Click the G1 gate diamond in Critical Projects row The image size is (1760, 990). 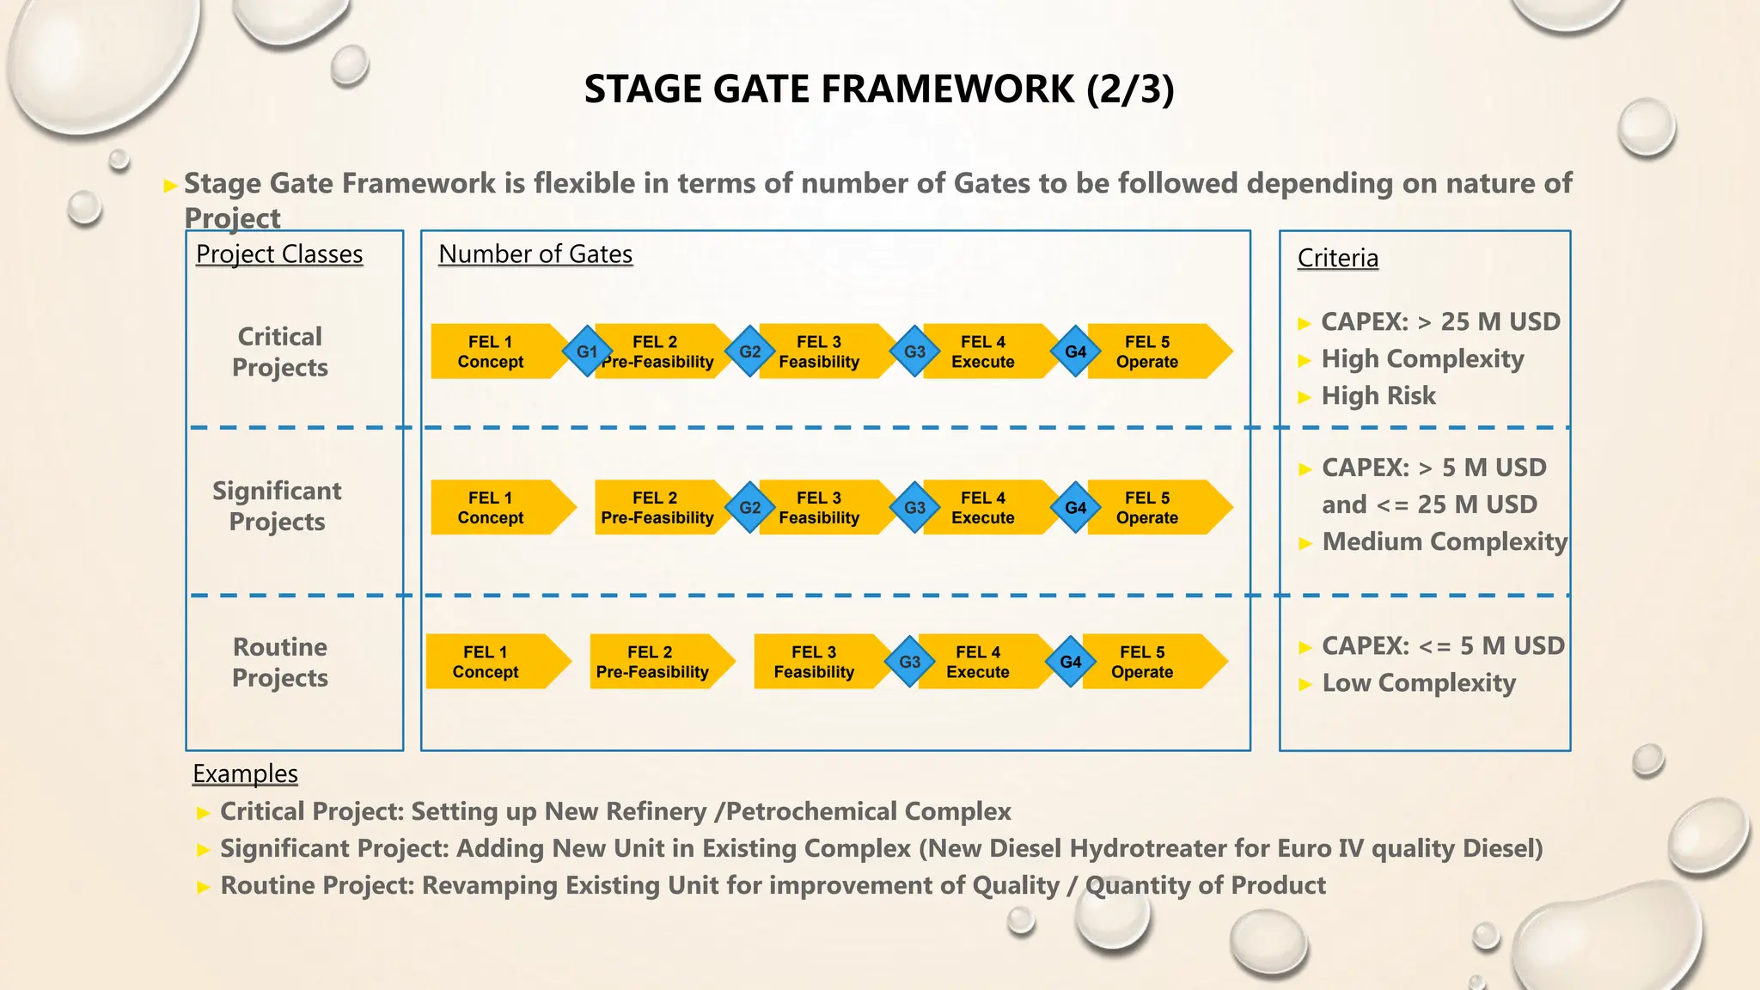pos(587,351)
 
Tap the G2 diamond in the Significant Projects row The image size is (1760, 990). pos(749,507)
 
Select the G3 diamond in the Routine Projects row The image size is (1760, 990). pos(909,662)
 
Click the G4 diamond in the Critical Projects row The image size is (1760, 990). pos(1075,351)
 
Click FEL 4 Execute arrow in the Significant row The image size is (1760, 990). pos(983,507)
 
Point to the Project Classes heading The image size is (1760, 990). pos(279,254)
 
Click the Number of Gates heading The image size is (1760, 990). pos(535,254)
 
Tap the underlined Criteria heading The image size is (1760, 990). pos(1337,258)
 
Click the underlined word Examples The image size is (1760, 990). pos(245,773)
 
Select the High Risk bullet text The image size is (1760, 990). pos(1378,395)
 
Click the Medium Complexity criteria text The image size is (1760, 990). pos(1445,541)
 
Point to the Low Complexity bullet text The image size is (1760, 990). pos(1419,683)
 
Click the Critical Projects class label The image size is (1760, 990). pos(280,351)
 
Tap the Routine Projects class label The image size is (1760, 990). pos(280,662)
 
